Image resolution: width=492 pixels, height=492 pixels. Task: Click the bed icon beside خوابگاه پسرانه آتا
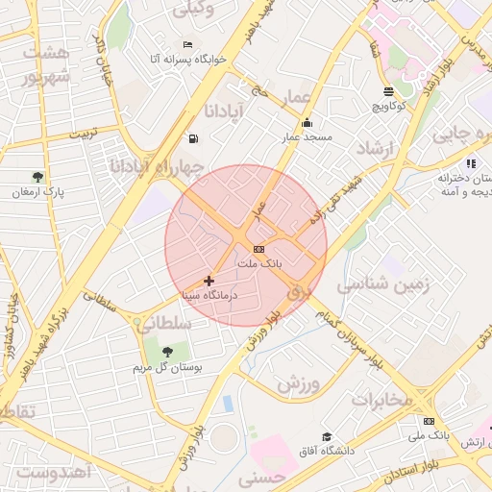coord(187,44)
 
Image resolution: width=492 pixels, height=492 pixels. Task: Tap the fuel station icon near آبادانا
coord(194,137)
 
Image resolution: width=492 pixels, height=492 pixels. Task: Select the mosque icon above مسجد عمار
coord(307,122)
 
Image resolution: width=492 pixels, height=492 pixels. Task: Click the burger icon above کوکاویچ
coord(388,91)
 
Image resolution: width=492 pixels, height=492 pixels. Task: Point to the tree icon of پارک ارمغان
coord(37,177)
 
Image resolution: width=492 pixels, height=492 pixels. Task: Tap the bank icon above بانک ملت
coord(258,249)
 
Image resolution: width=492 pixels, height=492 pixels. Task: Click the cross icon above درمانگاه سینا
coord(209,281)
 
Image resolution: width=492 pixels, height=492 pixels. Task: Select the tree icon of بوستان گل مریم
coord(168,352)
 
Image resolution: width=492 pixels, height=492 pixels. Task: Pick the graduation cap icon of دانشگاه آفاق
coord(328,437)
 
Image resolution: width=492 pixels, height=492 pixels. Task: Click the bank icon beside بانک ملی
coord(429,421)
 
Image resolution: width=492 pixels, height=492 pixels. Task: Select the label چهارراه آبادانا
coord(157,167)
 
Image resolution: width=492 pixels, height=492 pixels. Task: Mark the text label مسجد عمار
coord(306,137)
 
